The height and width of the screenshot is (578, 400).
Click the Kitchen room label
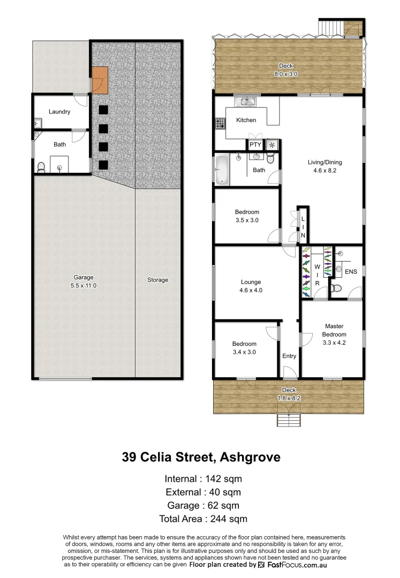(246, 120)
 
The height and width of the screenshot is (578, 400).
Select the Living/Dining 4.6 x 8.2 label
(324, 166)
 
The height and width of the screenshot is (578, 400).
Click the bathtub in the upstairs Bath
(222, 170)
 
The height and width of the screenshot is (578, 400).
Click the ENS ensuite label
(351, 272)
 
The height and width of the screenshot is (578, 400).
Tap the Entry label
(289, 356)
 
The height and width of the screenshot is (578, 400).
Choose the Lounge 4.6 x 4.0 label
(251, 286)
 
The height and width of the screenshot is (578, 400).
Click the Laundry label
(59, 112)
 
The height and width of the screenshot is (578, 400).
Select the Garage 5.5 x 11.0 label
(84, 281)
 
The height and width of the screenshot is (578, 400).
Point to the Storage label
(157, 280)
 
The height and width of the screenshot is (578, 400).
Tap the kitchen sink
(247, 101)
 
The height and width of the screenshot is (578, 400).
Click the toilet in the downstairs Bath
(41, 167)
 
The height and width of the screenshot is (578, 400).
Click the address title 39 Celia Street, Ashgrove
(201, 458)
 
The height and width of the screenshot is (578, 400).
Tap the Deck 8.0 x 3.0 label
(286, 70)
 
